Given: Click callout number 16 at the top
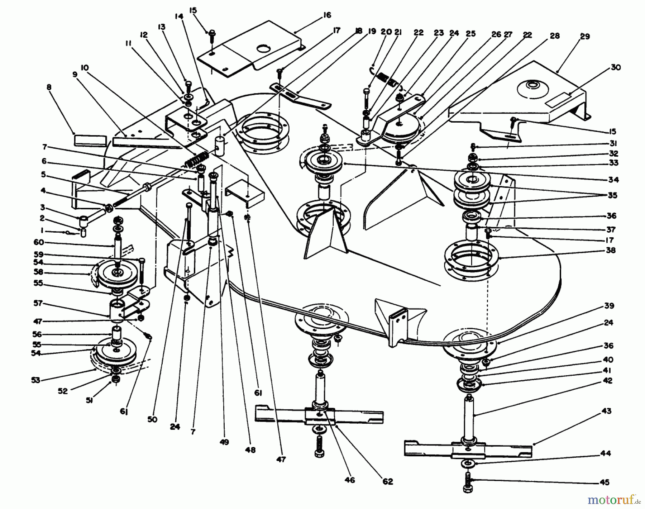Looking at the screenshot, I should pos(326,15).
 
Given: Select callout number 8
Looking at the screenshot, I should pos(49,87).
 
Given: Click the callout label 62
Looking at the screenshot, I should pos(387,481).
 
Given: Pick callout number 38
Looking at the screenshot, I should pos(611,250).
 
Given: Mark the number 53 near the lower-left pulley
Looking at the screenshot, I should pos(35,380).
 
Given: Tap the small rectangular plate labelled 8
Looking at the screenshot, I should pos(90,140).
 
